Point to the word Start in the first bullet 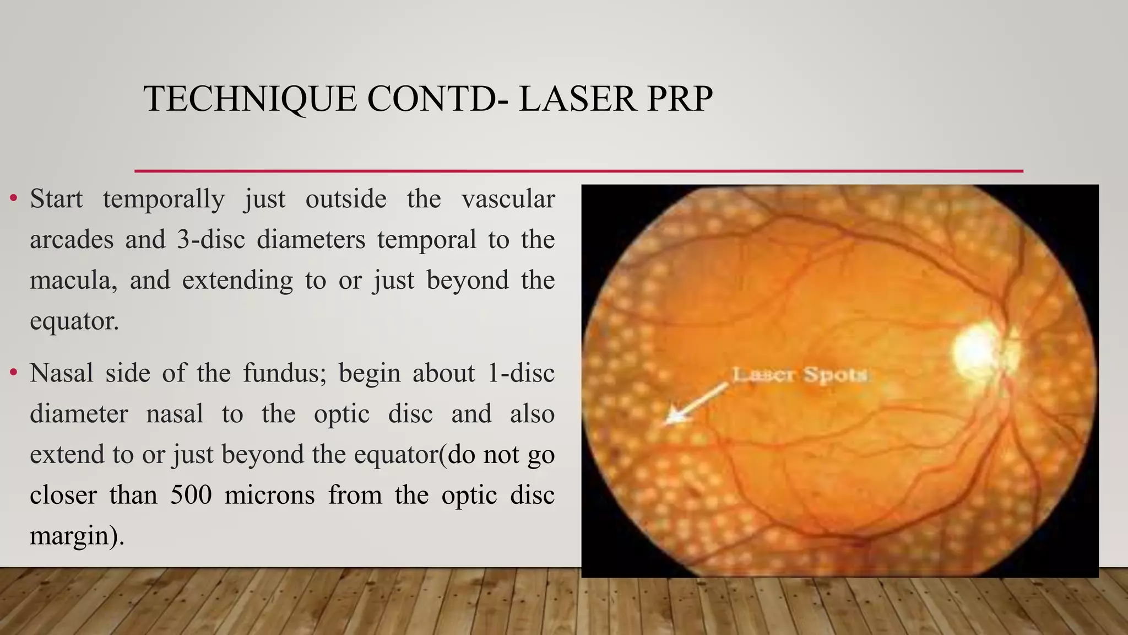pyautogui.click(x=56, y=199)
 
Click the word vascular pyautogui.click(x=508, y=199)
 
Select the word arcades pyautogui.click(x=72, y=240)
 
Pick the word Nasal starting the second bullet pyautogui.click(x=62, y=373)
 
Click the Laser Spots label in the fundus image pyautogui.click(x=800, y=375)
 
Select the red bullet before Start pyautogui.click(x=14, y=198)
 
